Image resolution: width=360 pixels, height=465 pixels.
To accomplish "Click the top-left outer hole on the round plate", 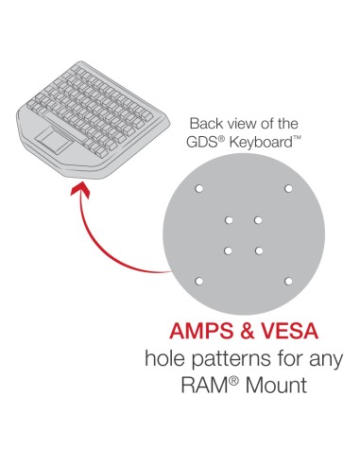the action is coord(198,189).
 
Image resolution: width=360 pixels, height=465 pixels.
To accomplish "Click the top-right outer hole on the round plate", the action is coord(288,189).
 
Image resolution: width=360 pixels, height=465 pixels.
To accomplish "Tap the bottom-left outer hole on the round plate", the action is coord(198,281).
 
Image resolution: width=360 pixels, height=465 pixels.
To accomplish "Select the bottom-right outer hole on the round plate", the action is coord(288,281).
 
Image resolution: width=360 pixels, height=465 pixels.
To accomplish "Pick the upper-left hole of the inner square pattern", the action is coord(229,220).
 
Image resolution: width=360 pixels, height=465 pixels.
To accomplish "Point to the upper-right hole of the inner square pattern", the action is coord(258,220).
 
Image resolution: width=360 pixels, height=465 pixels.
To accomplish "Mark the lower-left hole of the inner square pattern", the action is coord(229,250).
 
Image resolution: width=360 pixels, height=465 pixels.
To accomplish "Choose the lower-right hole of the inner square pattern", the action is coord(259,250).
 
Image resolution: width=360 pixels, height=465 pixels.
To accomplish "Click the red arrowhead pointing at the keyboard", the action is coord(81,190).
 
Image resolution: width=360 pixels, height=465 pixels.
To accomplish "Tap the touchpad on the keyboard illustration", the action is coord(54,139).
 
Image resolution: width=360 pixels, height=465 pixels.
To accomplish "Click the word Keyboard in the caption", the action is coord(261,143).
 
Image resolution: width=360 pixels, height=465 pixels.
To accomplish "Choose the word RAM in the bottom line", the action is coord(205,385).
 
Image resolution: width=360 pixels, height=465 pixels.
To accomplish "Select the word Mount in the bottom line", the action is coord(276,385).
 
